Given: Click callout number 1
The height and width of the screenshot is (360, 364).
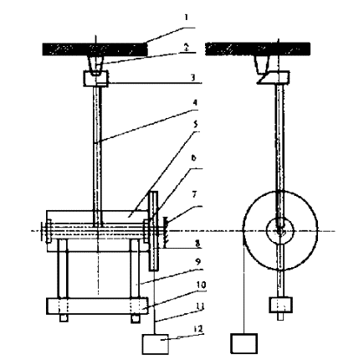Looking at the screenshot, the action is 187,18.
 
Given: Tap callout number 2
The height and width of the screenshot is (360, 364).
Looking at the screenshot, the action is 187,47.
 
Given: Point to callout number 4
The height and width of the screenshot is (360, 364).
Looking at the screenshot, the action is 195,102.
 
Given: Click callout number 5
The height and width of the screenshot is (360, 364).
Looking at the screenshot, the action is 196,124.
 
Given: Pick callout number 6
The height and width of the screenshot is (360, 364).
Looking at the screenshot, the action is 193,158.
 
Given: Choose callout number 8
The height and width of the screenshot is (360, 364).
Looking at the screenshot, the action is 197,244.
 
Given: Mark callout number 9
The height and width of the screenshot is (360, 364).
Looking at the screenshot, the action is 197,262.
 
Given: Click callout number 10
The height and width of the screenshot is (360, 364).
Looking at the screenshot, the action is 201,285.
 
